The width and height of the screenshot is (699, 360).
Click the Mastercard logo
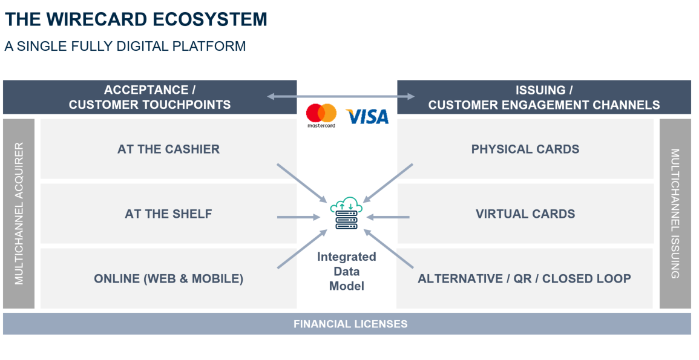(321, 114)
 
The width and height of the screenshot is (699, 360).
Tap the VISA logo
(367, 116)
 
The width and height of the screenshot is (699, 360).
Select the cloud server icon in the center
(346, 214)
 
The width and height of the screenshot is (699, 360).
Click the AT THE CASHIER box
(168, 149)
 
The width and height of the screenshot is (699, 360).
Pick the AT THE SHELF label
(168, 214)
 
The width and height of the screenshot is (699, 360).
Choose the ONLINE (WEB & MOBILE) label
(168, 279)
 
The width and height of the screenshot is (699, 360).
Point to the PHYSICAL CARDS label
(525, 149)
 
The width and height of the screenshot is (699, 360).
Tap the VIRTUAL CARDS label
(525, 214)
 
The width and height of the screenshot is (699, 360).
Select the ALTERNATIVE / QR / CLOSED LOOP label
(524, 279)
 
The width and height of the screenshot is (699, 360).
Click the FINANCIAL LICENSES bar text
(350, 324)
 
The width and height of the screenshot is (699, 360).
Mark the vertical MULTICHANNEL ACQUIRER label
(19, 214)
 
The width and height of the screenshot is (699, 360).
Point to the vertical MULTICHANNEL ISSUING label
(675, 214)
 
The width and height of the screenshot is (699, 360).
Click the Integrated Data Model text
(346, 271)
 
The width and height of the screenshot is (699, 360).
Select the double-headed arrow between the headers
(341, 96)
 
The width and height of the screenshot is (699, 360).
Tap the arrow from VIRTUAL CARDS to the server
(388, 217)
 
